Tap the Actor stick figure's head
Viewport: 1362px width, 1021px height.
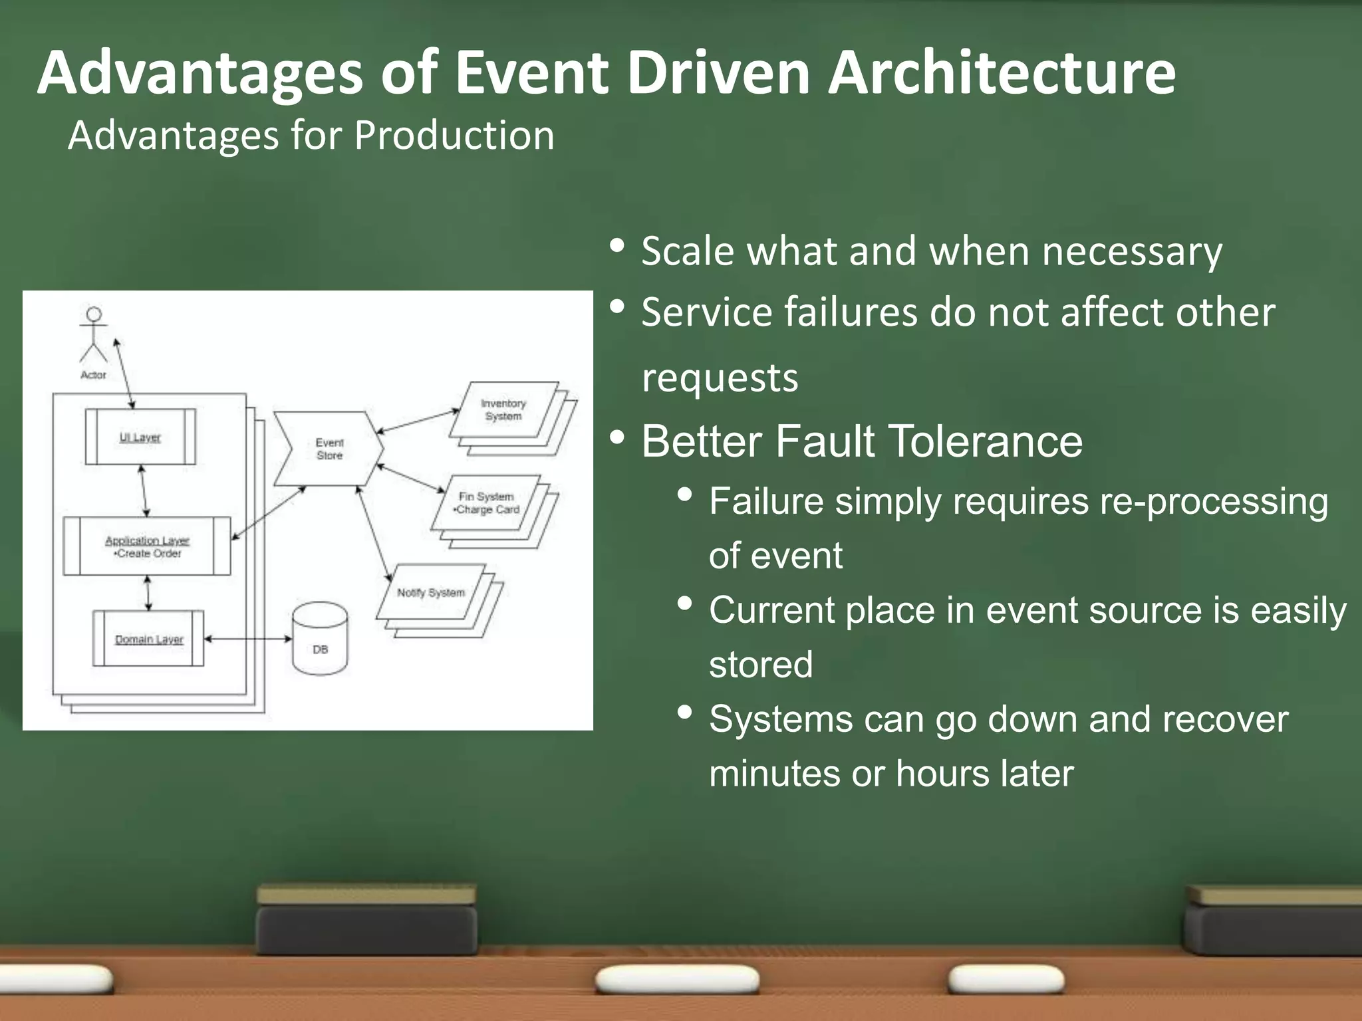coord(94,314)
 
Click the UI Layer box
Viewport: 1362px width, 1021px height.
coord(140,437)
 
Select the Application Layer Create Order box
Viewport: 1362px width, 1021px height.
coord(147,546)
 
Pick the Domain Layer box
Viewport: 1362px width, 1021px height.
coord(148,639)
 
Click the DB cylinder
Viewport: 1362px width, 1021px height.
coord(320,639)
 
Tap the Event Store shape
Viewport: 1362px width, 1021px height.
coord(329,449)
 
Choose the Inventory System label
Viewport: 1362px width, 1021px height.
coord(503,409)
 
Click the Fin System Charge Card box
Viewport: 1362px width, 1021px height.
coord(486,503)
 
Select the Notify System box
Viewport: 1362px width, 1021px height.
coord(431,592)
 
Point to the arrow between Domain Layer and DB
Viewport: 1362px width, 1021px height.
coord(247,639)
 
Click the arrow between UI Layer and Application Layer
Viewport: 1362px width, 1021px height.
coord(144,491)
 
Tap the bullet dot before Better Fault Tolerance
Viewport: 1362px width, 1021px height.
coord(617,437)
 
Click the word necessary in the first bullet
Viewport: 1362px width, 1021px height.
coord(1132,252)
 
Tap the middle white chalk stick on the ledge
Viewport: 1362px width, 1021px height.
coord(677,980)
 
